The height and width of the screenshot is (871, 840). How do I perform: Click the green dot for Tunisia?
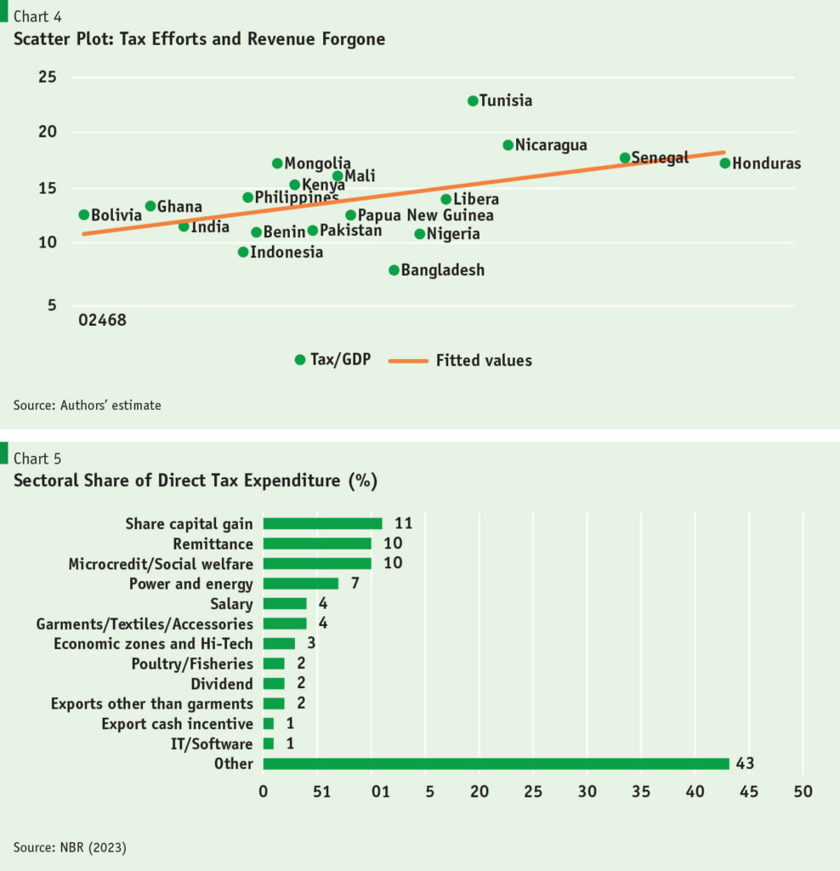click(x=473, y=100)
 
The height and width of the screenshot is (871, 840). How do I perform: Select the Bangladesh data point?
click(x=394, y=270)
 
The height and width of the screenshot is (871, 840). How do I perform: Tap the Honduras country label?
click(x=766, y=164)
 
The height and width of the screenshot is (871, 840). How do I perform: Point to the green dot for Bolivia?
click(x=83, y=215)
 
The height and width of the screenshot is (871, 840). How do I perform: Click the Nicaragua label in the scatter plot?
click(x=551, y=145)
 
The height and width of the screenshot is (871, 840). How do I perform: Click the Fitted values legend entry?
click(x=483, y=361)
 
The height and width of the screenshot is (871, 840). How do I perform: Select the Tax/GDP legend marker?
click(x=299, y=360)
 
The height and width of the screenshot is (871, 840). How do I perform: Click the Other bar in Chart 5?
click(x=496, y=764)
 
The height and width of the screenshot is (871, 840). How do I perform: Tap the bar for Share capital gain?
click(x=322, y=524)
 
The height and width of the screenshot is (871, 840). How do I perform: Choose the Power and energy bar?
click(x=300, y=584)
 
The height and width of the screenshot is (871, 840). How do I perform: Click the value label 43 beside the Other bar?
click(x=746, y=764)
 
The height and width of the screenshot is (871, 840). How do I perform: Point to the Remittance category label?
click(x=213, y=544)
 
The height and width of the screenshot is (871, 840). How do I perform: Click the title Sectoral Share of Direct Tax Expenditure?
click(x=195, y=481)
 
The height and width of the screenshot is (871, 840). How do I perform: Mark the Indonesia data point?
click(x=243, y=252)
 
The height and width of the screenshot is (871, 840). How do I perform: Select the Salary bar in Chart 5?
click(x=285, y=604)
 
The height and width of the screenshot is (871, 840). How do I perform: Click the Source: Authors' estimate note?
click(x=87, y=406)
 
